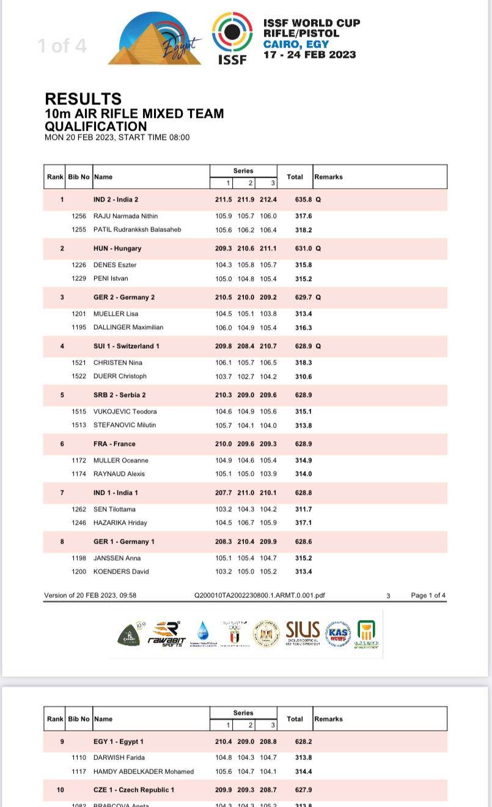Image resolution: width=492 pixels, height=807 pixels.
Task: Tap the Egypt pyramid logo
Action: (156, 40)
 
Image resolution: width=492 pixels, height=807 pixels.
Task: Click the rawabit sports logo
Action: (165, 634)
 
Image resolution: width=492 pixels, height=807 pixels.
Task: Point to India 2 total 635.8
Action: (303, 200)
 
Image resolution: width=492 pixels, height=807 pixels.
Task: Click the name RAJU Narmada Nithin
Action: (125, 216)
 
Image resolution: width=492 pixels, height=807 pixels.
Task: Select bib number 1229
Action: (79, 279)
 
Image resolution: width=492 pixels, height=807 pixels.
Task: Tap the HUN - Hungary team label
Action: (117, 249)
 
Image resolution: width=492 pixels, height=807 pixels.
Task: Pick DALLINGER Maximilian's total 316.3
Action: (303, 327)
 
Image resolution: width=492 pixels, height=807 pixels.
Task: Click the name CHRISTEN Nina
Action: (118, 363)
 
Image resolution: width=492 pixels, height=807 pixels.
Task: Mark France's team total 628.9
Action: (303, 444)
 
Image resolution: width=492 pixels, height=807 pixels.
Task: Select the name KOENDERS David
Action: (121, 572)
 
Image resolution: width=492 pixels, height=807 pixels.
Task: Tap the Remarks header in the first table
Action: (328, 177)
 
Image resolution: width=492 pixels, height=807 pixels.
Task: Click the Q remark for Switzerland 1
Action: (318, 346)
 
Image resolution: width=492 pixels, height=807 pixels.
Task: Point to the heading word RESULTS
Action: (83, 99)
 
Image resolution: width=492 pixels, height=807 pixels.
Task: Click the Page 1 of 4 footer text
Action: (428, 596)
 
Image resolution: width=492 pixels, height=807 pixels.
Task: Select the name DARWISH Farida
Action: (119, 758)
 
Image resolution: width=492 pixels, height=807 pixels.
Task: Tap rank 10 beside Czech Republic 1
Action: (60, 790)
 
